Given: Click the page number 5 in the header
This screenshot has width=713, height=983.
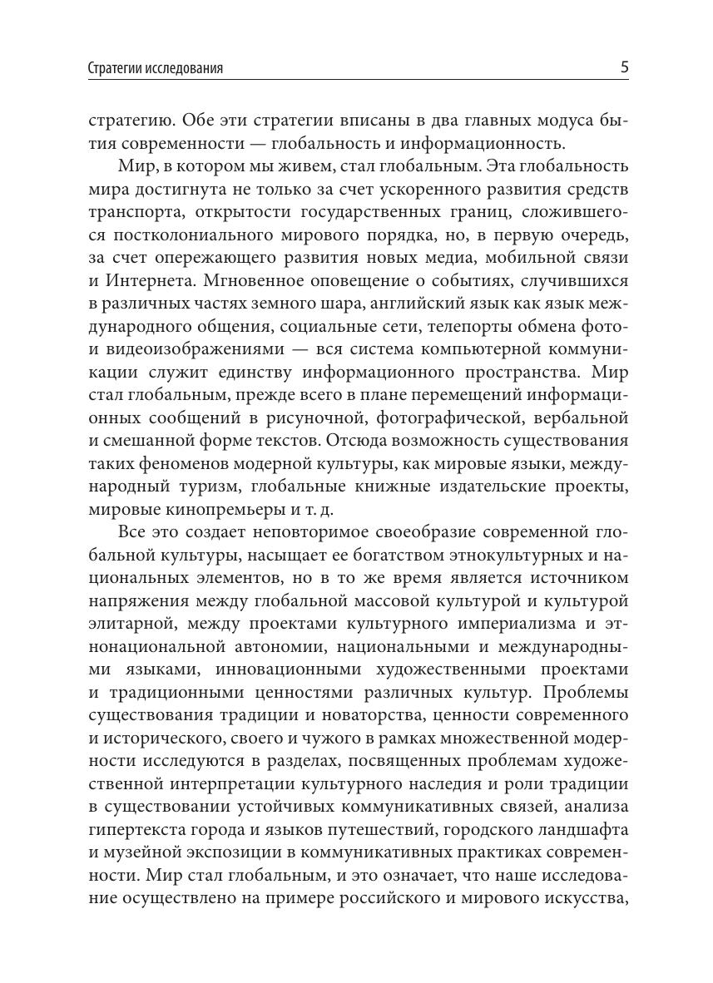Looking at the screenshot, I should [624, 67].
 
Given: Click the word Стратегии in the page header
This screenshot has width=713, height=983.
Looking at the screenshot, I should [114, 69].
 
